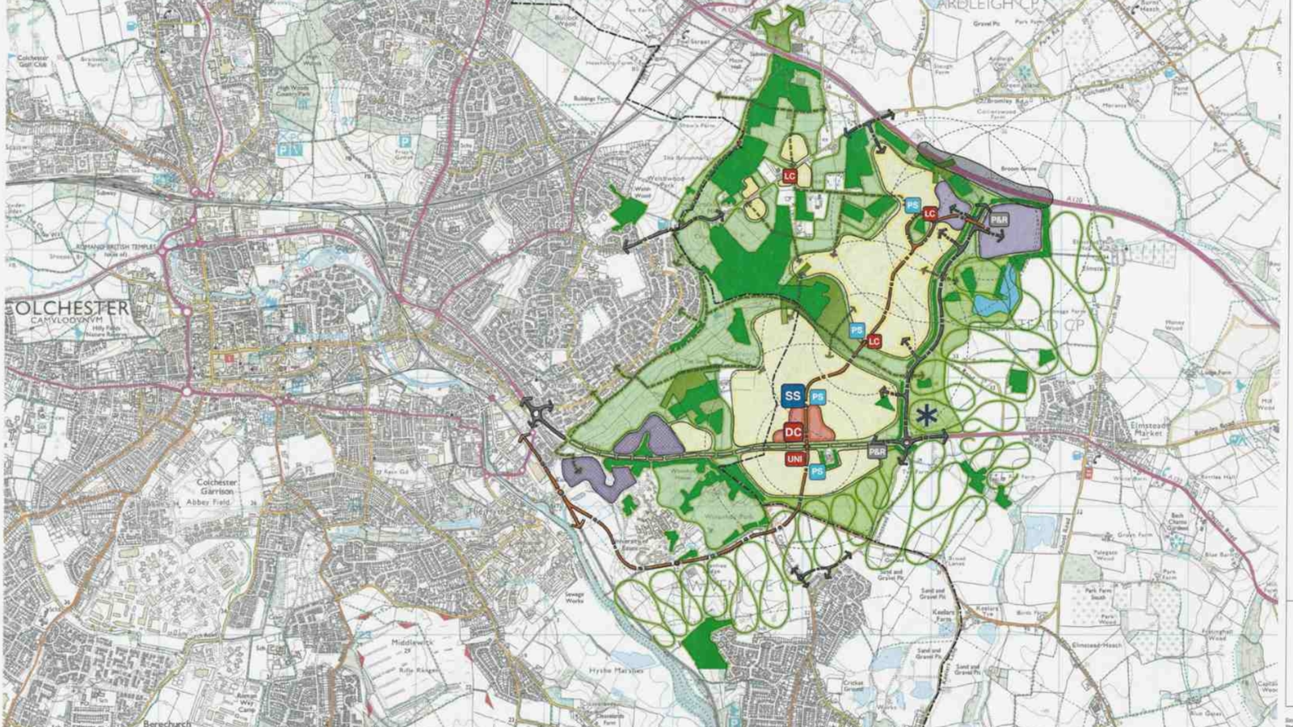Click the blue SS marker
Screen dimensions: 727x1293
pos(792,396)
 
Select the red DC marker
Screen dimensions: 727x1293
pos(793,432)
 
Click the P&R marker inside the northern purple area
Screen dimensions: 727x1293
pos(1000,220)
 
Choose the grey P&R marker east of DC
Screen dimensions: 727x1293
pos(877,452)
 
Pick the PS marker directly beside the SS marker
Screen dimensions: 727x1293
pos(817,397)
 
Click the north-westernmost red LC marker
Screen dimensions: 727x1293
pos(790,175)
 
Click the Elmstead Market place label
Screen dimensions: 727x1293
pos(1148,428)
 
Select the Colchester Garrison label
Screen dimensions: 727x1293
pos(217,487)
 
